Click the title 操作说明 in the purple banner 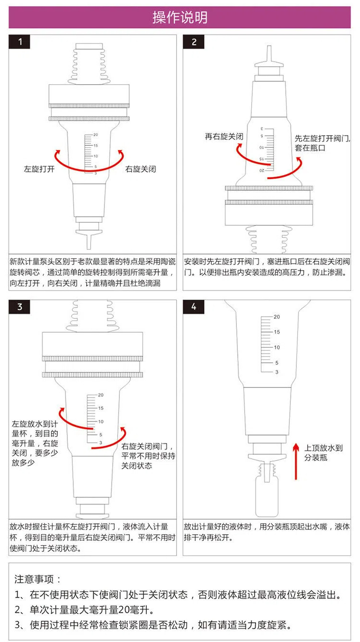pyautogui.click(x=180, y=17)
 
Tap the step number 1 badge pyautogui.click(x=19, y=42)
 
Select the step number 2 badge pyautogui.click(x=194, y=42)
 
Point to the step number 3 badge pyautogui.click(x=19, y=307)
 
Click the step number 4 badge pyautogui.click(x=194, y=307)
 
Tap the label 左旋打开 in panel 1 pyautogui.click(x=39, y=169)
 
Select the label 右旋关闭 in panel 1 pyautogui.click(x=141, y=169)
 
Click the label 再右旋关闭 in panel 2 pyautogui.click(x=224, y=136)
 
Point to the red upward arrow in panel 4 pyautogui.click(x=296, y=462)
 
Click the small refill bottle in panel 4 pyautogui.click(x=267, y=494)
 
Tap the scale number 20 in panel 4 pyautogui.click(x=277, y=317)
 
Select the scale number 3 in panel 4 pyautogui.click(x=277, y=372)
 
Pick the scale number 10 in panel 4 pyautogui.click(x=277, y=347)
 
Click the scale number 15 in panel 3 pyautogui.click(x=101, y=408)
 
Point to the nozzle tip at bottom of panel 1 pyautogui.click(x=89, y=246)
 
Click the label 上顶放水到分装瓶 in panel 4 pyautogui.click(x=323, y=452)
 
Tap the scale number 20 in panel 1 pyautogui.click(x=95, y=134)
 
